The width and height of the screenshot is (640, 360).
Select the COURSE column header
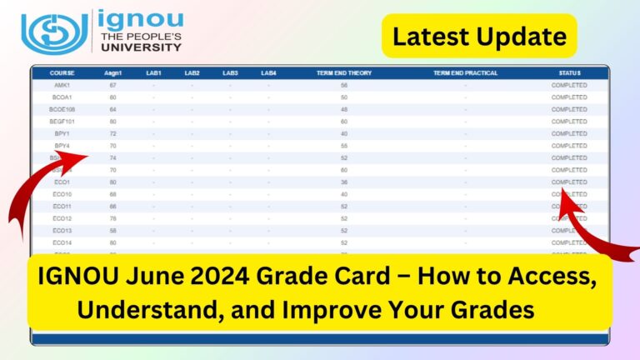[62, 73]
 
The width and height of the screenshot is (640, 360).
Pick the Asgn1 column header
[112, 73]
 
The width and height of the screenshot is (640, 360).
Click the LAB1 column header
[153, 73]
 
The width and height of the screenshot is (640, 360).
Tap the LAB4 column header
[268, 73]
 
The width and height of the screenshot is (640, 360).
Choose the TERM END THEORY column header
[343, 73]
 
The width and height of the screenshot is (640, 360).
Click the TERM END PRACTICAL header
[465, 73]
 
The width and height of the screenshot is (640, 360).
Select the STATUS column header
[570, 73]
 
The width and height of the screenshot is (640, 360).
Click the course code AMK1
[62, 85]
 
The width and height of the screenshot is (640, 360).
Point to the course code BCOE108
[62, 109]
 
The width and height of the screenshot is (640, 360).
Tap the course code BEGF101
[62, 122]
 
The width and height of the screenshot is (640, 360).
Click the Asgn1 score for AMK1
[112, 85]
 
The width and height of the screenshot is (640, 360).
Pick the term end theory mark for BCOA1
[343, 97]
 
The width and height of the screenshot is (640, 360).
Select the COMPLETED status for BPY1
[570, 133]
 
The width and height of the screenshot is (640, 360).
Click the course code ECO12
[62, 218]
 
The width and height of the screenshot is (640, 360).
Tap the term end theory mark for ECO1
[343, 182]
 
